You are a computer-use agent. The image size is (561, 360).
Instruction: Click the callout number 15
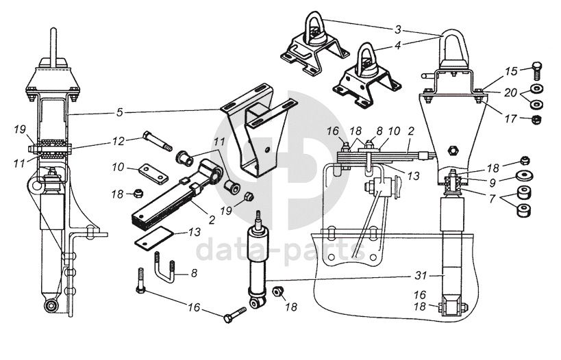tap(510, 70)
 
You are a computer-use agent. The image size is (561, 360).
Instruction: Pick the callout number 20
tap(511, 92)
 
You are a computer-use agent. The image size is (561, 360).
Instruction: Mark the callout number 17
tap(510, 118)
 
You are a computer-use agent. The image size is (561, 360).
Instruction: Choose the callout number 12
tap(119, 141)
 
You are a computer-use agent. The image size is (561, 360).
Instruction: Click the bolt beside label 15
tap(537, 68)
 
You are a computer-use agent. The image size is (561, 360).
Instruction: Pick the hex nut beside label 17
tap(537, 120)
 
